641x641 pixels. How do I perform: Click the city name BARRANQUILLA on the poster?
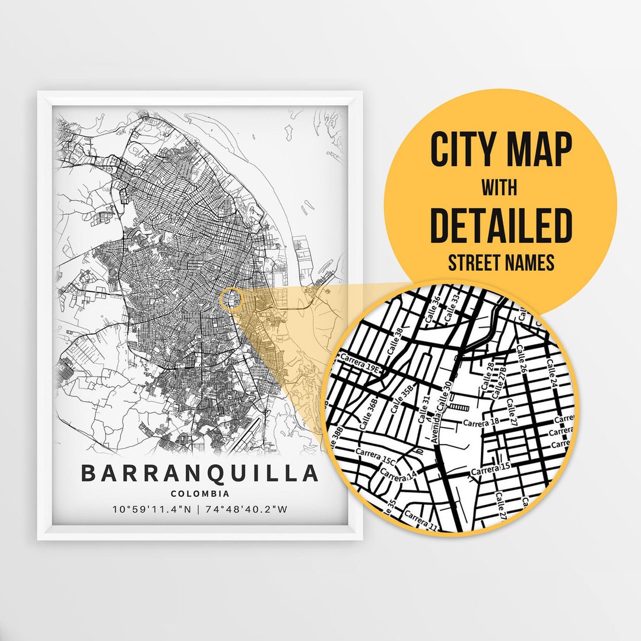pos(199,474)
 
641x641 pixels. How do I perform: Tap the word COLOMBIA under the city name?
pos(199,494)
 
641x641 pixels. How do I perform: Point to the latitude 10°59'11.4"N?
pos(151,509)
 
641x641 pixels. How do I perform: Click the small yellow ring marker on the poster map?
pos(231,299)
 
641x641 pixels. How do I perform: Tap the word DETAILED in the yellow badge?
pos(500,226)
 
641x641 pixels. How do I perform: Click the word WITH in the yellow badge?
pos(499,189)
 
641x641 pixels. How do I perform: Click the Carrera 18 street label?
pos(481,423)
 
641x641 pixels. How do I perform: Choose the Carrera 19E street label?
pos(359,364)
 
